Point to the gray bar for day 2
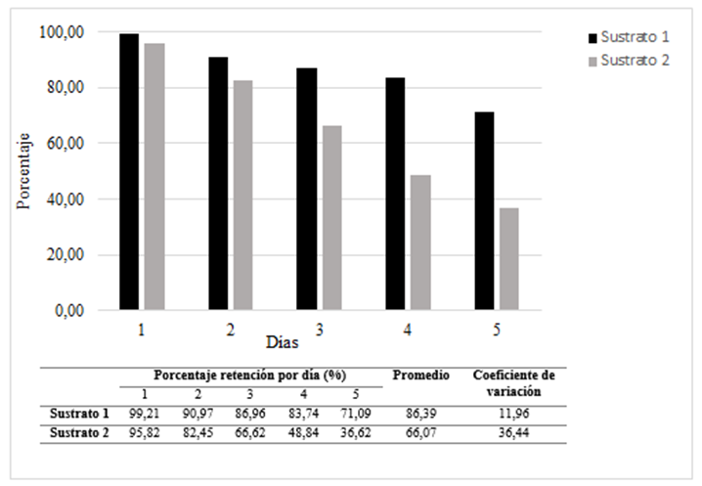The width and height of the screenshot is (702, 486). pyautogui.click(x=241, y=196)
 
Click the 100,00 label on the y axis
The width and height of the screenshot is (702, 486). pyautogui.click(x=65, y=31)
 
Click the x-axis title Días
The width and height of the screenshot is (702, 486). pyautogui.click(x=282, y=343)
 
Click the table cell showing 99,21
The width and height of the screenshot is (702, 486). pyautogui.click(x=142, y=415)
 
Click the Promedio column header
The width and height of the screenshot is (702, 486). pyautogui.click(x=420, y=376)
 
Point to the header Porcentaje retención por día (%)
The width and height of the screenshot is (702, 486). pyautogui.click(x=250, y=376)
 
